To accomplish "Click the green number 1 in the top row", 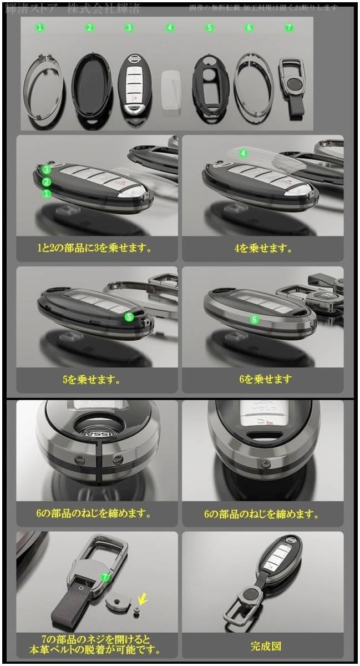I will [40, 27].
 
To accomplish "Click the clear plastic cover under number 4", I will [171, 87].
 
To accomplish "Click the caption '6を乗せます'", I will [263, 380].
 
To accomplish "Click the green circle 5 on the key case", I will [129, 317].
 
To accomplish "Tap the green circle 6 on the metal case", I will [255, 319].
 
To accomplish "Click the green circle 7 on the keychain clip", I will [105, 577].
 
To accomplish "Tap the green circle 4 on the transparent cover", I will [243, 153].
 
